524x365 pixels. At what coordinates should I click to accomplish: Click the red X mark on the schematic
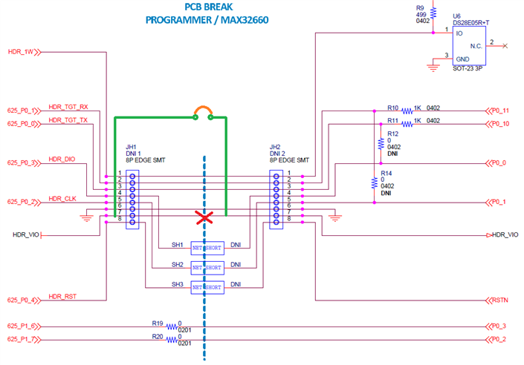(x=201, y=217)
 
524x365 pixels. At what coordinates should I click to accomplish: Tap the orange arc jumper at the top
(x=203, y=112)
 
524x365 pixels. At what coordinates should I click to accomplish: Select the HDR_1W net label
(x=20, y=52)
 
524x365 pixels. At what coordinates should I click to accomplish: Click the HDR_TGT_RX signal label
(x=68, y=107)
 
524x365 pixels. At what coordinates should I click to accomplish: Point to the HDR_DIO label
(x=62, y=160)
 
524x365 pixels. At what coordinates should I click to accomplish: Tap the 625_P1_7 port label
(x=22, y=340)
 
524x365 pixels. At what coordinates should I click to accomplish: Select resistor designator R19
(x=157, y=323)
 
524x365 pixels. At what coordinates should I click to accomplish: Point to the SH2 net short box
(x=207, y=266)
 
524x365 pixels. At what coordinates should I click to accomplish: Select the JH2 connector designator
(x=275, y=147)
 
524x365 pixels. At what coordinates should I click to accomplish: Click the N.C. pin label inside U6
(x=477, y=46)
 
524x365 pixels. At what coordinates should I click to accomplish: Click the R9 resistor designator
(x=421, y=8)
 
